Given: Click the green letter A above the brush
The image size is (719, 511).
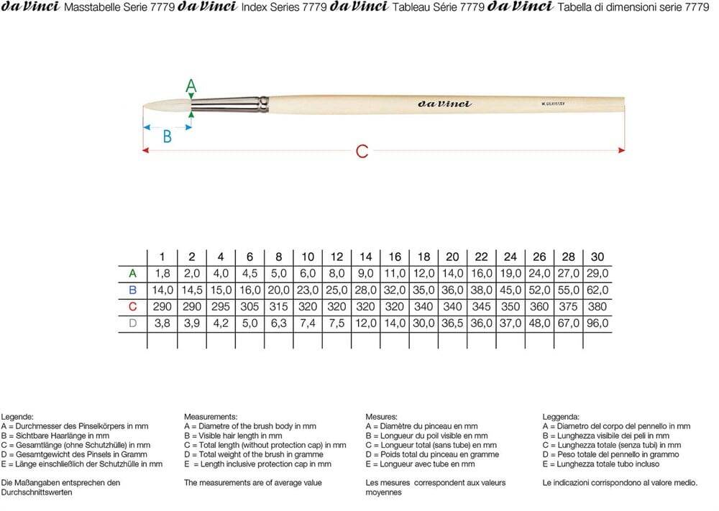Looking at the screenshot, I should coord(191,86).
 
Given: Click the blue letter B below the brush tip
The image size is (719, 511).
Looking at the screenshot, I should coord(167,136).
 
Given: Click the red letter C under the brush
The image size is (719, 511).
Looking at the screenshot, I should coord(362,151).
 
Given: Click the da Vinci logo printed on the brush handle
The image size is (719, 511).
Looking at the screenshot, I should coord(444,104).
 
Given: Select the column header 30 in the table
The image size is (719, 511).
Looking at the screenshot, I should coord(597,257).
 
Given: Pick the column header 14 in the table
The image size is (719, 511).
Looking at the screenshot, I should coord(365,257).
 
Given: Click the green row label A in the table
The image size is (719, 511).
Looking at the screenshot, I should coord(132,273).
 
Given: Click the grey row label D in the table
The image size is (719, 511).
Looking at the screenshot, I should coord(132,323).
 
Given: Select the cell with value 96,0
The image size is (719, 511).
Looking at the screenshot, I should coord(597,323).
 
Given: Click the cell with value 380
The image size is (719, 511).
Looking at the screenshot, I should coord(597,307).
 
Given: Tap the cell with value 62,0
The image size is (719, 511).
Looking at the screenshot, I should coord(597,290).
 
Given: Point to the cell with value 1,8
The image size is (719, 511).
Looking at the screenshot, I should coord(162,273).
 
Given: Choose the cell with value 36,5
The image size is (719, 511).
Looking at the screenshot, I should coord(452,323).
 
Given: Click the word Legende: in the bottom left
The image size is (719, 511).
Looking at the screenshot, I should coord(17,417).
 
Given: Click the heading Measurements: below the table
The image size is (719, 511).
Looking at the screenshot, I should coord(211,417).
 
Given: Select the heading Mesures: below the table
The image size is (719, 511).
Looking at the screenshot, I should coord(382,417).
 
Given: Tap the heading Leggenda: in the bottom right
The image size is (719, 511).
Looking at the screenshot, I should coord(561,417).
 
